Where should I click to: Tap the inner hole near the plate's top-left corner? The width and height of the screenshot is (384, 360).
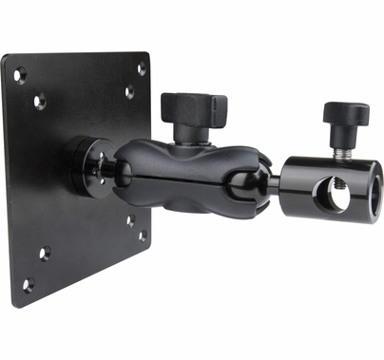(40, 97)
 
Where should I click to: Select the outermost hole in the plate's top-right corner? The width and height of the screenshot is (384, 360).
(142, 69)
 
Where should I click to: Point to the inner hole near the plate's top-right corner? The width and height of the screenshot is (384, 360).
(128, 92)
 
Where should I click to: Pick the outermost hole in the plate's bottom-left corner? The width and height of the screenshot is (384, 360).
(28, 282)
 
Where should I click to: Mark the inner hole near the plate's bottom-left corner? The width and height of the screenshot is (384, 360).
(45, 252)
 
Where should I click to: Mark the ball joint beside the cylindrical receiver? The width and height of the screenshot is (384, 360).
(267, 182)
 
